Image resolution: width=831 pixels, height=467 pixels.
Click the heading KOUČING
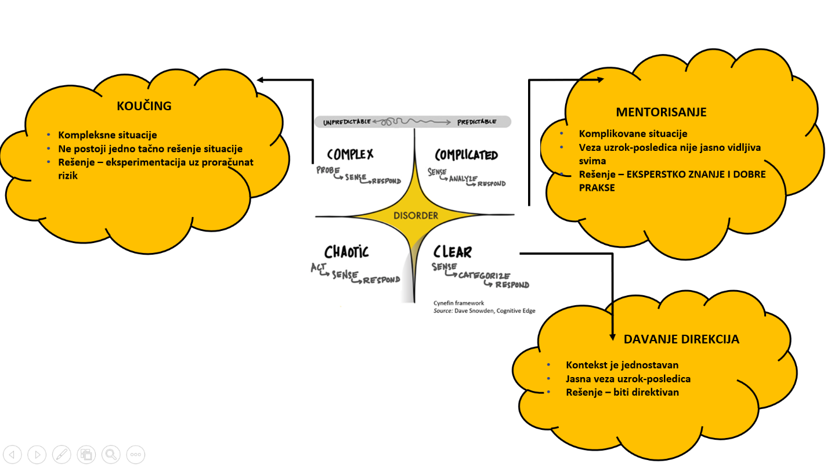coord(144,106)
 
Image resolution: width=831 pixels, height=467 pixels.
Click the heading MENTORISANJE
coord(662,112)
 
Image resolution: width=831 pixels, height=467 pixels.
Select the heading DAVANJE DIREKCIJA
coord(681,339)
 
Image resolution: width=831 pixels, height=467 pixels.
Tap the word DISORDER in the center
coord(416,216)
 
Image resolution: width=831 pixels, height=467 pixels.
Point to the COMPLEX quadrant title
coord(350,154)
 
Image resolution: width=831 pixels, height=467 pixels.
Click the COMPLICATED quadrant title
coord(466,155)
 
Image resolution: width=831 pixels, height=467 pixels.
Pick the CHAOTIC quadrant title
coord(346,252)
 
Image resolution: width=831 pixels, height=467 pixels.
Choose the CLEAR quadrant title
coord(453,252)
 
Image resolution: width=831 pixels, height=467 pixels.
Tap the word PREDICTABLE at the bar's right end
coord(476,122)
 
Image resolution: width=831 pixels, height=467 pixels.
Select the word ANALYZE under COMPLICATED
coord(463,179)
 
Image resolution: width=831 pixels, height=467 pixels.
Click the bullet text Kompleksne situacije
coord(107,135)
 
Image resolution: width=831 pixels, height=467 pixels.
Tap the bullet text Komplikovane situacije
coord(633,134)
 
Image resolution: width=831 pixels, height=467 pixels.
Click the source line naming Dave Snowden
coord(485,311)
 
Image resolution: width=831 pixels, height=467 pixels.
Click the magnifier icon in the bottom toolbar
coord(111,454)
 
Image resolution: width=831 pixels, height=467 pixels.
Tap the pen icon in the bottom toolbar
coord(62,454)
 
